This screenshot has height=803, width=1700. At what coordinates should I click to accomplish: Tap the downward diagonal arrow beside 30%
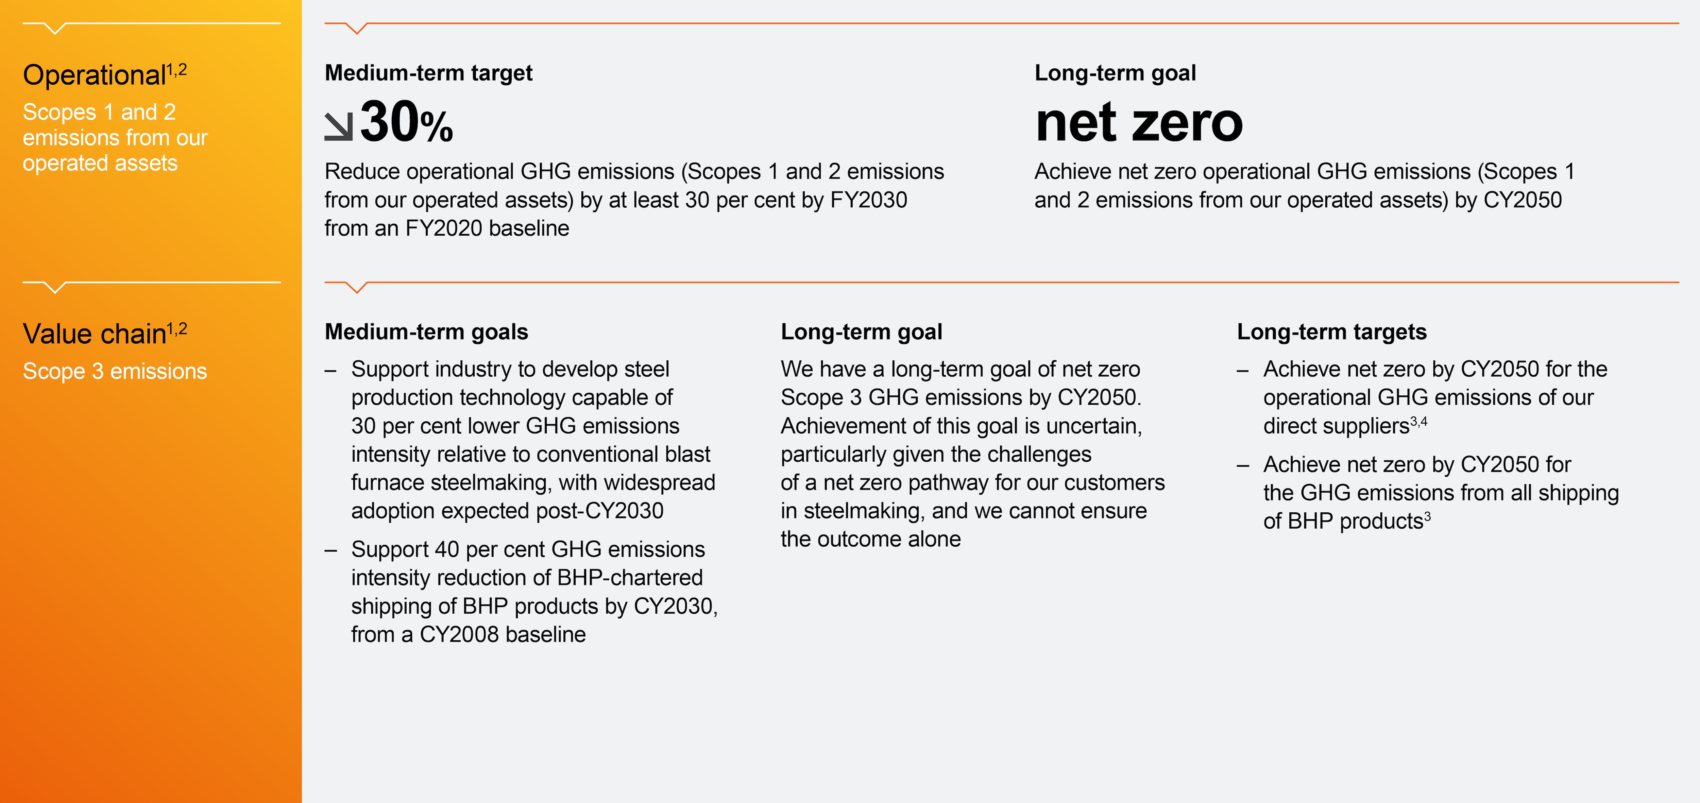[x=339, y=126]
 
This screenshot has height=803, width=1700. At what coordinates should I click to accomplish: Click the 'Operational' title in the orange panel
[x=94, y=75]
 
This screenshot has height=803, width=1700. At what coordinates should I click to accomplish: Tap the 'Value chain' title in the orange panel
[x=94, y=334]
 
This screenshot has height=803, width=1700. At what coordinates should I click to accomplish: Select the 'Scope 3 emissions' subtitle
[x=115, y=372]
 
